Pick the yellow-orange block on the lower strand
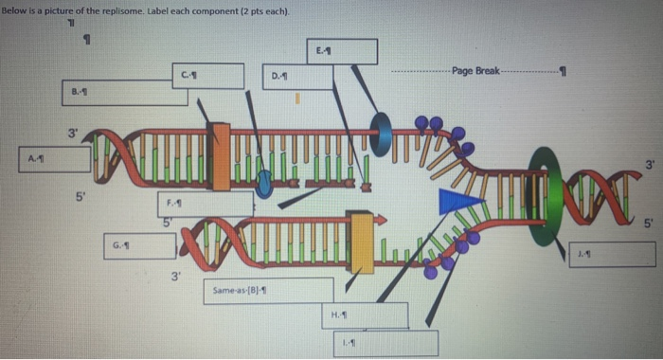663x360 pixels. pyautogui.click(x=360, y=238)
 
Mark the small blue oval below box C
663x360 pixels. pyautogui.click(x=265, y=182)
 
